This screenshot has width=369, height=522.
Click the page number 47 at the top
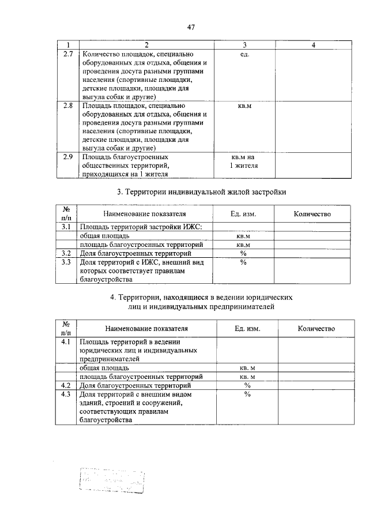(191, 27)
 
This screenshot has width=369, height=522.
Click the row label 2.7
(67, 54)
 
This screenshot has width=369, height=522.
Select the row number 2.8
(67, 106)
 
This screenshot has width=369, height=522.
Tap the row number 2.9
(67, 157)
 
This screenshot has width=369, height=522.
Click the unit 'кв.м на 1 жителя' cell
(243, 162)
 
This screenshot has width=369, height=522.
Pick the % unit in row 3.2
(243, 253)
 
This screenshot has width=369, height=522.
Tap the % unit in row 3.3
(243, 262)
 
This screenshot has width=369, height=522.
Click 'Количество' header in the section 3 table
(312, 214)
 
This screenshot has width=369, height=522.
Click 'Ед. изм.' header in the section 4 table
(247, 328)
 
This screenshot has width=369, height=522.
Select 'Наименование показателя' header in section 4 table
(146, 328)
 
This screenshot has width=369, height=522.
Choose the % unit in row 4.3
(247, 395)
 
